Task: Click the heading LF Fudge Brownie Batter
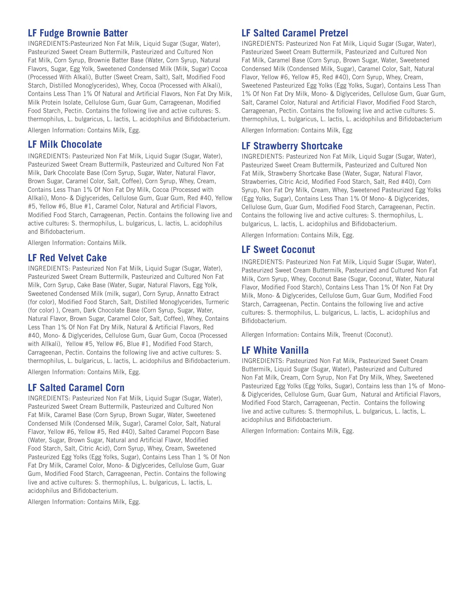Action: coord(78,33)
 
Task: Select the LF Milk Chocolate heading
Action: coord(65,145)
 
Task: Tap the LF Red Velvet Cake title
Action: coord(67,258)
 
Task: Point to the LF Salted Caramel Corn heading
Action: coord(76,388)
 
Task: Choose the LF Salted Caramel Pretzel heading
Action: coord(294,33)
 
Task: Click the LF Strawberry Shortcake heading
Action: coord(292,146)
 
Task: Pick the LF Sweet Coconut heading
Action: coord(278,250)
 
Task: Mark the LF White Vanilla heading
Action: coord(275,350)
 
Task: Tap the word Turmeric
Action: coord(217,302)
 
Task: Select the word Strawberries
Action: coord(256,182)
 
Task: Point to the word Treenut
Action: coord(354,335)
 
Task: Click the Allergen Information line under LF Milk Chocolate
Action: coord(77,243)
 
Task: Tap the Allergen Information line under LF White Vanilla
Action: coord(297,431)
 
